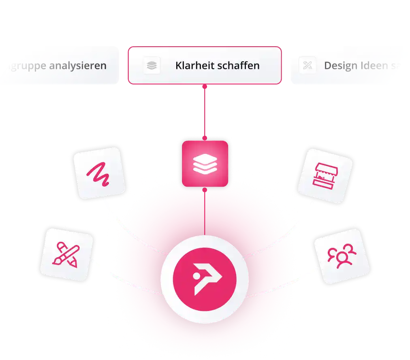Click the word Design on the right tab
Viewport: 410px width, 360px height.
[x=340, y=66]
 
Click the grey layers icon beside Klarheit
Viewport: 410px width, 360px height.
[x=152, y=66]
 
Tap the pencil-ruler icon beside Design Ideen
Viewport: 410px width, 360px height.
[x=307, y=66]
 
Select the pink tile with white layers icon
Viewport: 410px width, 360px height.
[x=205, y=164]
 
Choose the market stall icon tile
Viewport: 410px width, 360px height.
[x=327, y=175]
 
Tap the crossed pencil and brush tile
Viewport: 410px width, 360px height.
[x=66, y=254]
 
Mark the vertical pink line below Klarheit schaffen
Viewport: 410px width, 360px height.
[x=205, y=111]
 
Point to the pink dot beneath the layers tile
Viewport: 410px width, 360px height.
[x=205, y=189]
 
